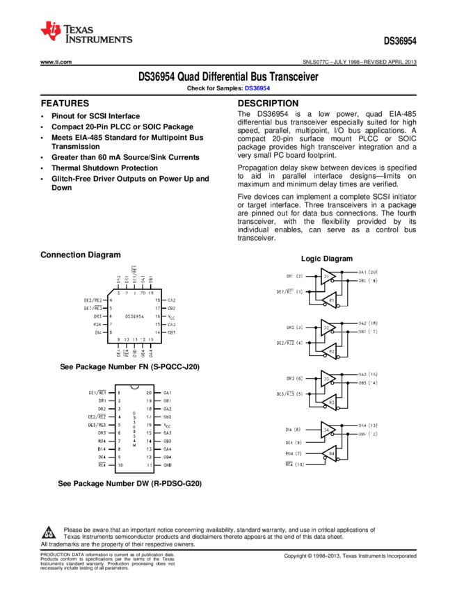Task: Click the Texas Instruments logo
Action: (85, 32)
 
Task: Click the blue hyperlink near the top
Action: (257, 88)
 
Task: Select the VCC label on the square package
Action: (171, 316)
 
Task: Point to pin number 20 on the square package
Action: (143, 293)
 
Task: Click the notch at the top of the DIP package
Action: (134, 387)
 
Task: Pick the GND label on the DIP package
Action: (167, 464)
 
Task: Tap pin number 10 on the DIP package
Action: (119, 464)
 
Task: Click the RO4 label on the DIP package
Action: (102, 441)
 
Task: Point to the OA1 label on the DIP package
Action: (167, 393)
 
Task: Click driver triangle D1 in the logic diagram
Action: (328, 276)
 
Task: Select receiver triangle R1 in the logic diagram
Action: (330, 300)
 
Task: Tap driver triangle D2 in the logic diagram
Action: (328, 327)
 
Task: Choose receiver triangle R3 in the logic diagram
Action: (330, 402)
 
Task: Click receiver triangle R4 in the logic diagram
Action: (330, 453)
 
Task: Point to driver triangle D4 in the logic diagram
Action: (328, 430)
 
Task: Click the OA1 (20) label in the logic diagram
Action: (367, 272)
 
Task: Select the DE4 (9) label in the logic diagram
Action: (293, 442)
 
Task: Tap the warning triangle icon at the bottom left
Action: (49, 533)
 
